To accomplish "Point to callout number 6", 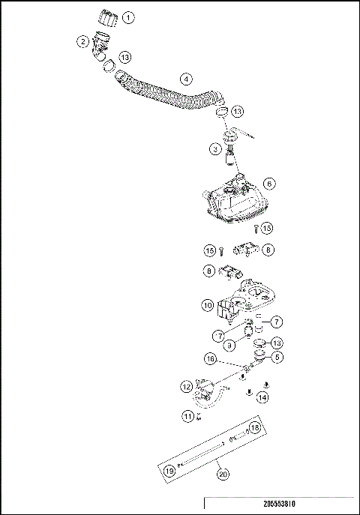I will click(269, 183).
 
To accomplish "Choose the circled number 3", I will click(214, 149).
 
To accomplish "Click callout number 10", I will click(207, 305).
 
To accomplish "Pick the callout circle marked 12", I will click(186, 387).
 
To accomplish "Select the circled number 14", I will click(262, 398).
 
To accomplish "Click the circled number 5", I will click(277, 358).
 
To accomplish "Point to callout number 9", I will click(229, 344).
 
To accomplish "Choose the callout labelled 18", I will click(254, 428).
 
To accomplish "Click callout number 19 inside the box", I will click(170, 471).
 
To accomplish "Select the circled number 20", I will click(222, 473).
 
